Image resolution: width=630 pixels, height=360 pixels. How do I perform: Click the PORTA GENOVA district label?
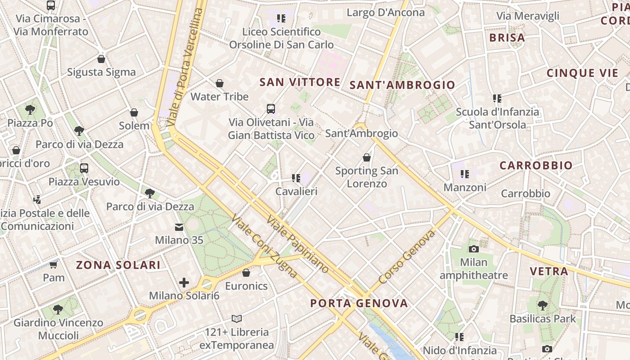click(x=359, y=303)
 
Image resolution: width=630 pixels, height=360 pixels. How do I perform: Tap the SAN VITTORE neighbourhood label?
click(x=300, y=82)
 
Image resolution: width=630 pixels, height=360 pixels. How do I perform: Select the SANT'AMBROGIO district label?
click(x=402, y=85)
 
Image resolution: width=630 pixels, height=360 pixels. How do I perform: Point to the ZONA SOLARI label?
click(x=118, y=265)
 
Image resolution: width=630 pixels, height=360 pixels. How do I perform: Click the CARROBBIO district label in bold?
click(x=536, y=165)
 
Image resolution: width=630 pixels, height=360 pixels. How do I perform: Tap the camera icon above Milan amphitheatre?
click(x=473, y=249)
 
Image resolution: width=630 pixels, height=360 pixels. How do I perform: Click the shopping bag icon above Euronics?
click(x=246, y=273)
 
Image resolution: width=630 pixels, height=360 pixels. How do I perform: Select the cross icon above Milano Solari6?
click(x=184, y=283)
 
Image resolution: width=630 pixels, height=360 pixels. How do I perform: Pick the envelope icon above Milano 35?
click(x=179, y=227)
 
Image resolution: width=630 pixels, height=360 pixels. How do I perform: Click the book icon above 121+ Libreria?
click(x=237, y=319)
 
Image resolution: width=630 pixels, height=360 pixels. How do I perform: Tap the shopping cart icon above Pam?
click(x=54, y=265)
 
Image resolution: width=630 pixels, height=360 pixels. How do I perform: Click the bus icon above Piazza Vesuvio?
click(x=84, y=168)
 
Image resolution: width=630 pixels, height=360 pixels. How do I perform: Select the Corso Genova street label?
click(x=407, y=257)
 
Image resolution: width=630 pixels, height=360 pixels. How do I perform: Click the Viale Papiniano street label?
click(x=298, y=244)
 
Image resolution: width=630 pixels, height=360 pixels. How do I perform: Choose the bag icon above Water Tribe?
click(x=220, y=83)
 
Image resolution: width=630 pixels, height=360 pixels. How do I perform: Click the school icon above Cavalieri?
click(x=296, y=178)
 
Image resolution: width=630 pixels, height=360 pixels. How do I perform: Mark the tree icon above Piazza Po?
click(x=30, y=109)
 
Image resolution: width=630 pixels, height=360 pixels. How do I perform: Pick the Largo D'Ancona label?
click(x=386, y=13)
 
